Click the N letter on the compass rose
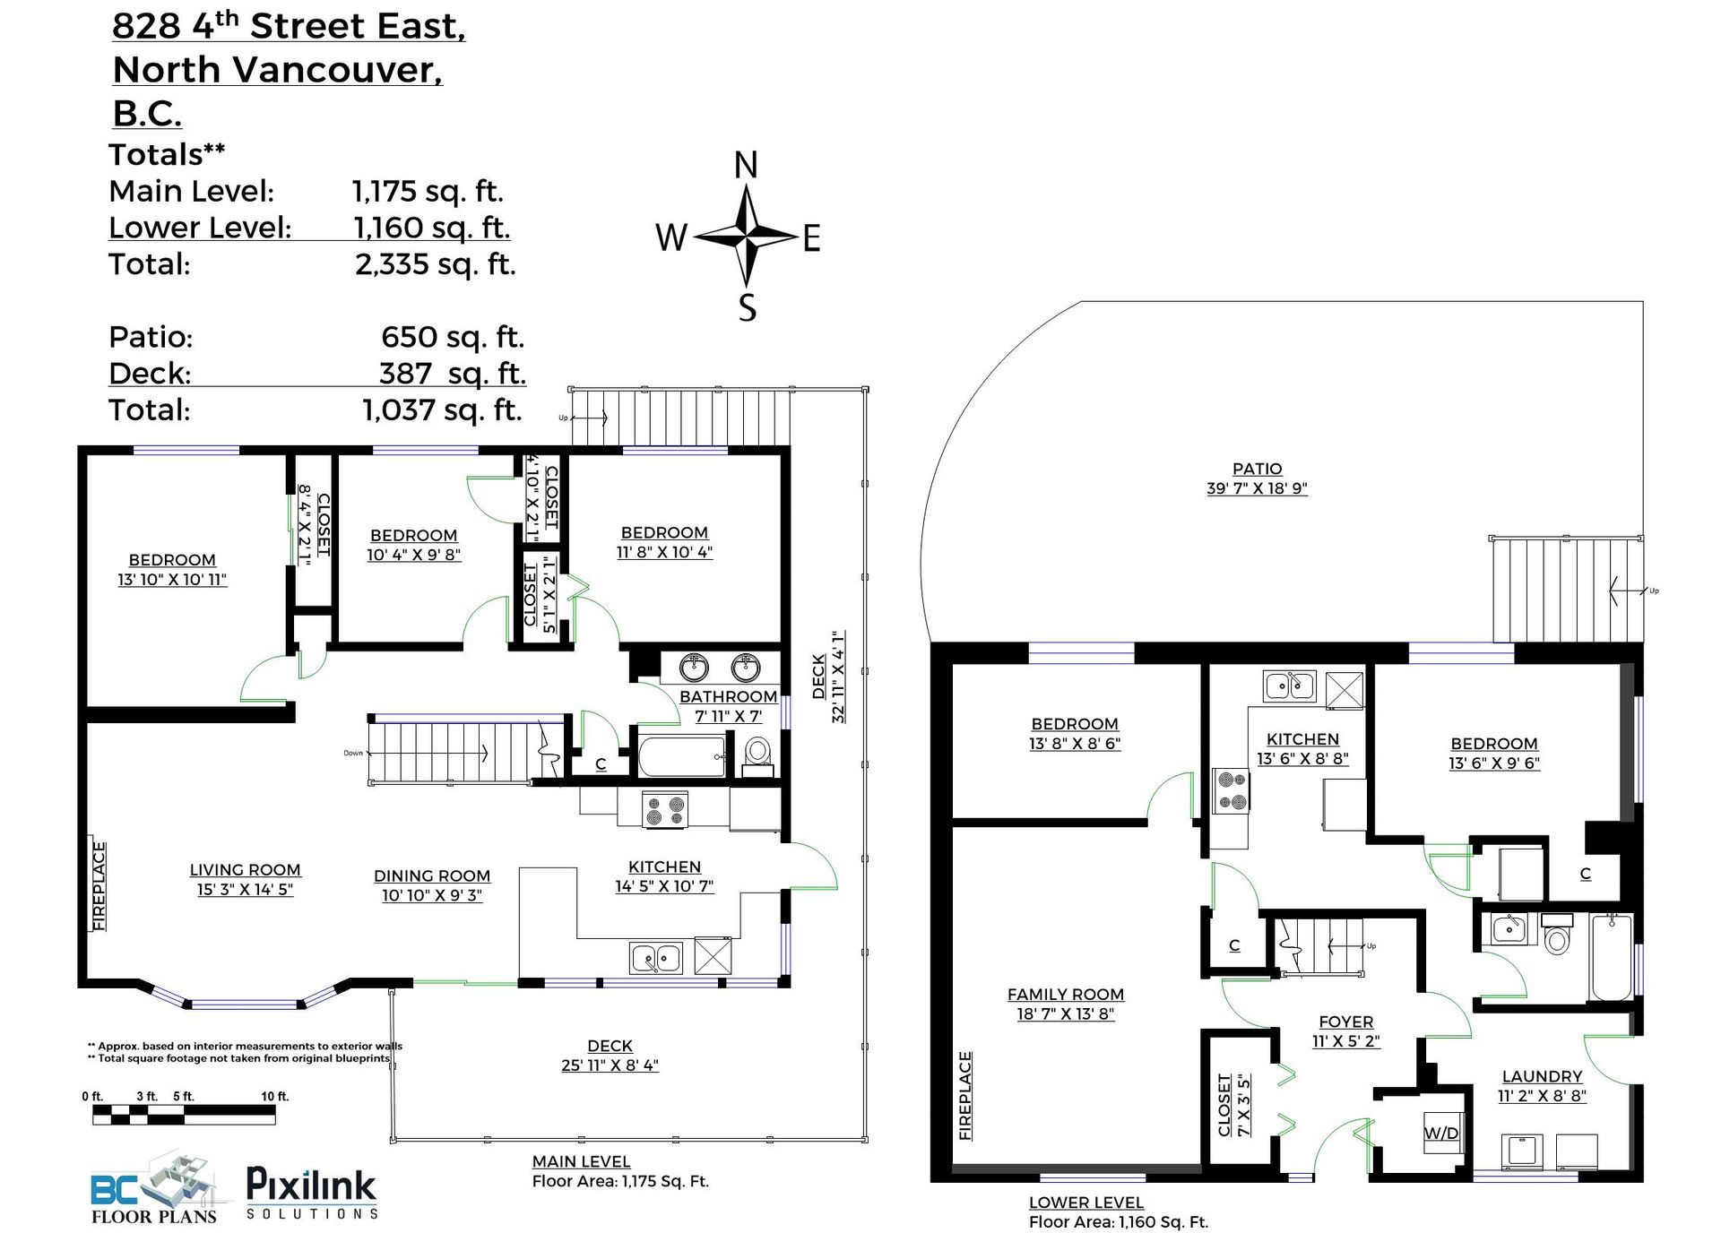[746, 166]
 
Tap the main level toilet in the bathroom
[758, 753]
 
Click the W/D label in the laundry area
[1440, 1134]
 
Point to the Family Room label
[1065, 995]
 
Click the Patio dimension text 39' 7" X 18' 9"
[1257, 489]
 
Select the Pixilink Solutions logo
[311, 1192]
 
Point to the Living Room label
[245, 870]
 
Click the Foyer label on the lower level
[1345, 1022]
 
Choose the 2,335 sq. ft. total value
[435, 264]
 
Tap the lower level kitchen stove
[1230, 790]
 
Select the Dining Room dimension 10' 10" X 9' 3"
[432, 895]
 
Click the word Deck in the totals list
[149, 374]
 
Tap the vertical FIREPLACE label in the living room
[99, 885]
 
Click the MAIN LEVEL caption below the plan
[581, 1162]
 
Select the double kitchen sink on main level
[655, 958]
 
